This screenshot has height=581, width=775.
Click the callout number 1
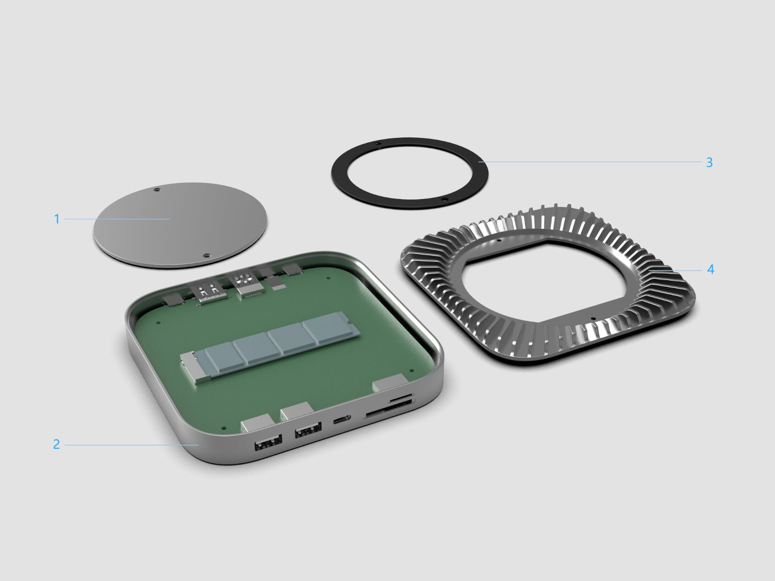57,219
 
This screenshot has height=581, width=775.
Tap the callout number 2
56,444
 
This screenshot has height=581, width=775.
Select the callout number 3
710,162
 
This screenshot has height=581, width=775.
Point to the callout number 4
710,269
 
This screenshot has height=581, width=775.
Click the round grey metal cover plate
180,225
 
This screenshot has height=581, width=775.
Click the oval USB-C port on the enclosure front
341,419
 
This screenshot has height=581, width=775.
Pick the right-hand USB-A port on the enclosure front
308,430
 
